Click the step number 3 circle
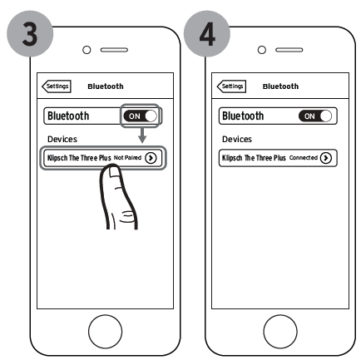pyautogui.click(x=30, y=34)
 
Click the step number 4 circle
pyautogui.click(x=207, y=34)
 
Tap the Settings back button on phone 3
pyautogui.click(x=57, y=86)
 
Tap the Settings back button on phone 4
pyautogui.click(x=231, y=86)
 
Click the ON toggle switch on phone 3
pyautogui.click(x=141, y=116)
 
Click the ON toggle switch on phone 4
pyautogui.click(x=315, y=116)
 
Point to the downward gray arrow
pyautogui.click(x=142, y=135)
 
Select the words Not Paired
pyautogui.click(x=127, y=158)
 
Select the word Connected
pyautogui.click(x=304, y=158)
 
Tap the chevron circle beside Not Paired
pyautogui.click(x=151, y=158)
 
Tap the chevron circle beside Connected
pyautogui.click(x=326, y=158)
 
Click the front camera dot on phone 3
pyautogui.click(x=87, y=50)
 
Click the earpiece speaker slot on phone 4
pyautogui.click(x=289, y=50)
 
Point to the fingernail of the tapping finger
pyautogui.click(x=114, y=172)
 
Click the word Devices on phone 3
pyautogui.click(x=62, y=139)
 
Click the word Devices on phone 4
pyautogui.click(x=237, y=139)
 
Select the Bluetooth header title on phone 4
pyautogui.click(x=280, y=86)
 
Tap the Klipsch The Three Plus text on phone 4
pyautogui.click(x=254, y=158)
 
